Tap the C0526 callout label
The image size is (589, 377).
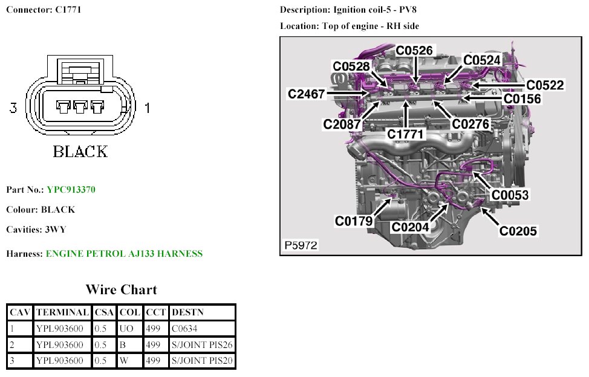[x=415, y=50]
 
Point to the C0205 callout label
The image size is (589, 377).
[x=518, y=230]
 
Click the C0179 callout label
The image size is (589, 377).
[x=354, y=221]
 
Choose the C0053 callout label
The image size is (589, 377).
[x=510, y=195]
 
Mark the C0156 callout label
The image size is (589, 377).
[x=522, y=98]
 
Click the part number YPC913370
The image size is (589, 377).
[x=71, y=190]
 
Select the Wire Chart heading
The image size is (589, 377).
[x=121, y=289]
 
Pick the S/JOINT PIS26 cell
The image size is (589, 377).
[x=202, y=345]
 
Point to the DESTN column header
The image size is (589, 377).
[x=187, y=312]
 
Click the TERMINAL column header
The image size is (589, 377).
[x=62, y=312]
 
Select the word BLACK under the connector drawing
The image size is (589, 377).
[x=80, y=151]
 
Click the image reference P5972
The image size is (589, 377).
[x=301, y=246]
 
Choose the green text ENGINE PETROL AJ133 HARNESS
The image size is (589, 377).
[x=124, y=254]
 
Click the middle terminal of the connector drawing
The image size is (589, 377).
[x=80, y=107]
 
